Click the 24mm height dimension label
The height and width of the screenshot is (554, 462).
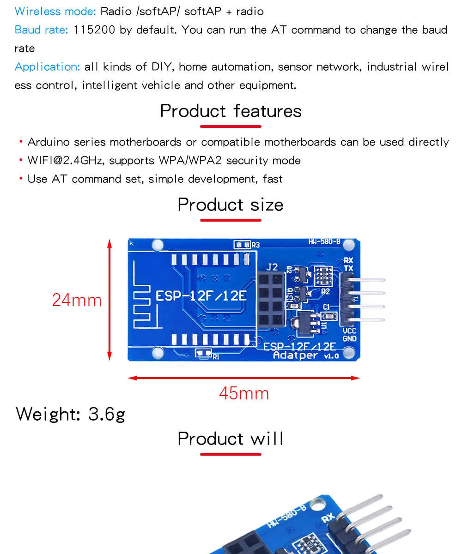(x=77, y=300)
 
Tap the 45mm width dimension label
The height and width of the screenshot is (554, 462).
(x=243, y=393)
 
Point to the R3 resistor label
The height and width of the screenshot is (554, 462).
(x=256, y=245)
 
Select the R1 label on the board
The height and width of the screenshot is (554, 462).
(x=216, y=356)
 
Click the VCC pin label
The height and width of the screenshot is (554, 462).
(x=349, y=331)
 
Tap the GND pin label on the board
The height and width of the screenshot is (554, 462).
(x=349, y=339)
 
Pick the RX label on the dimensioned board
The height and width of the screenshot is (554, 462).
(x=348, y=261)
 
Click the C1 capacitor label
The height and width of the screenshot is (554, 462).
(x=326, y=307)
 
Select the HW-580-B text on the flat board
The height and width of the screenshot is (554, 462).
(x=324, y=241)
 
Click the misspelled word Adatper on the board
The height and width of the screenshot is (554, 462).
(x=296, y=355)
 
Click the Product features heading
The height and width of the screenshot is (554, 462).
(x=231, y=111)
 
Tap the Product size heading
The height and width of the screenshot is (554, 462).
(x=231, y=205)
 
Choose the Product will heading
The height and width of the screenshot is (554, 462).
(x=231, y=439)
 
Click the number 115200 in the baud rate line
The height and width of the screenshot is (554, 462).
(x=95, y=30)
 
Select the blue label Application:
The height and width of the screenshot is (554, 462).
(x=48, y=67)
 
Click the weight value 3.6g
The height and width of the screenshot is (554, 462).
(x=107, y=414)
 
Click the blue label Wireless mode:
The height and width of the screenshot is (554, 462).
(x=56, y=11)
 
